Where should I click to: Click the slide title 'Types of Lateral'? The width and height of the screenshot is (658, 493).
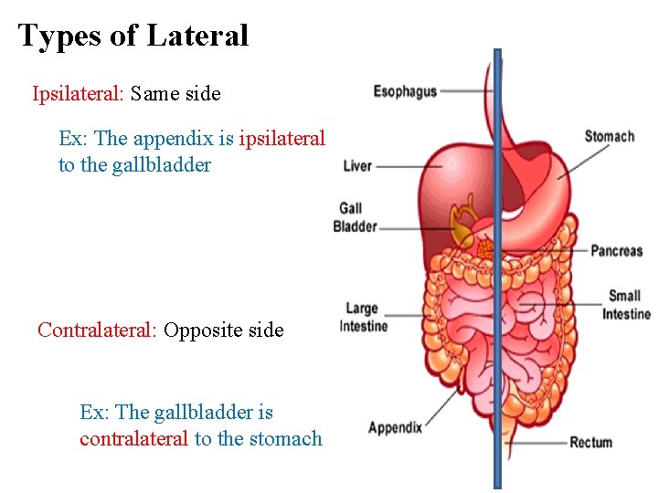click(x=133, y=36)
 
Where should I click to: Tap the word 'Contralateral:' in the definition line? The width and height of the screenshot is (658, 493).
click(x=98, y=330)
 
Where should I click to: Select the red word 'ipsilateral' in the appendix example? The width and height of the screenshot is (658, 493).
click(x=281, y=139)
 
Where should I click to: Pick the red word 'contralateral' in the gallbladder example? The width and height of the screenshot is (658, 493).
click(x=134, y=439)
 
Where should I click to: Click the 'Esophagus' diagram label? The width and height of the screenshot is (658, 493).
click(x=405, y=91)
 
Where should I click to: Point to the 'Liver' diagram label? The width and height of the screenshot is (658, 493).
click(x=357, y=166)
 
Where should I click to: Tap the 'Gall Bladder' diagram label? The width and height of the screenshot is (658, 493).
click(x=355, y=217)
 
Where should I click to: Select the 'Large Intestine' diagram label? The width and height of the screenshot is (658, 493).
click(x=364, y=317)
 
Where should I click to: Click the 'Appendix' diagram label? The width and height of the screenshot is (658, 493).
click(x=395, y=427)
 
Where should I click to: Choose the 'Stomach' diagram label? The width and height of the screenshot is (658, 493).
click(x=609, y=137)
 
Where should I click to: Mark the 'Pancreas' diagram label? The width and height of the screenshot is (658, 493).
click(x=616, y=250)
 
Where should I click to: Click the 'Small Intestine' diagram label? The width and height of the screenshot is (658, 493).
click(x=626, y=305)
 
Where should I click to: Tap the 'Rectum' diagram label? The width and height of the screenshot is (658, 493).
click(x=590, y=443)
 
